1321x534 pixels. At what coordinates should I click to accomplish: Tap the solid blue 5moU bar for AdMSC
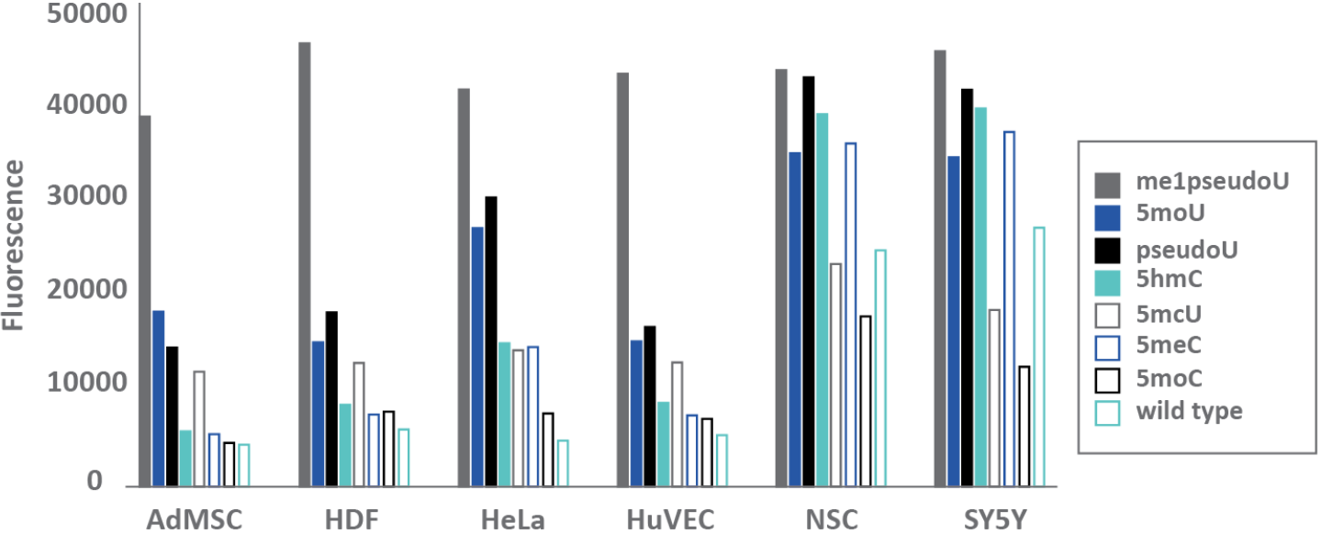point(159,398)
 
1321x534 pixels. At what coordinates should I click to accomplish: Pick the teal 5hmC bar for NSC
point(823,299)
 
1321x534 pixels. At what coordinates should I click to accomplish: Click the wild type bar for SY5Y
point(1039,357)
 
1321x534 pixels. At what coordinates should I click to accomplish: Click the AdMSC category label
point(196,520)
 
